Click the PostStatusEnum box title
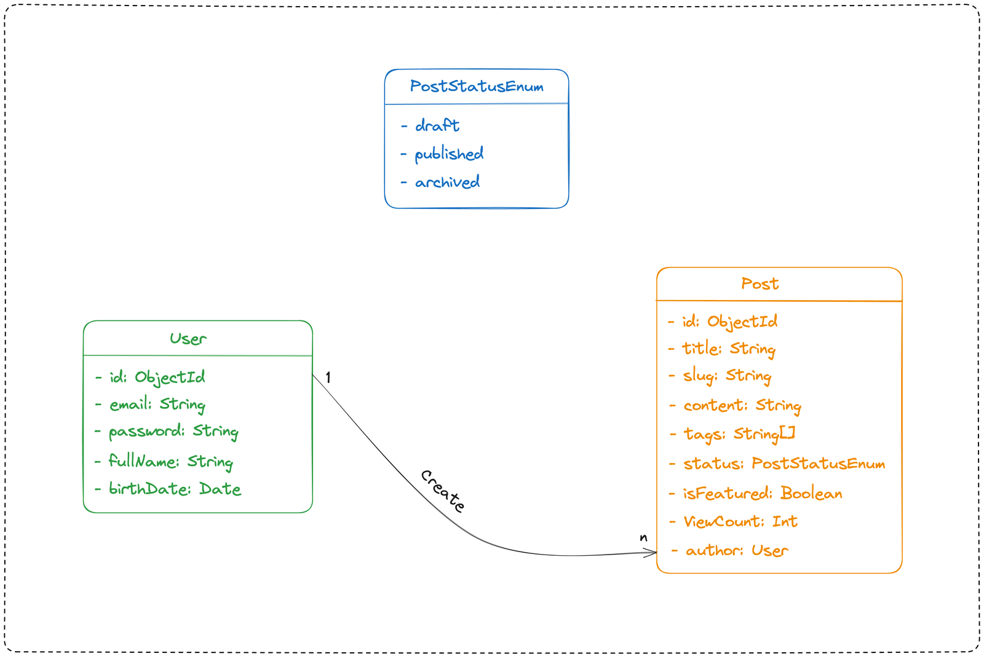tap(477, 87)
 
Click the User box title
tap(188, 339)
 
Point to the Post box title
tap(760, 283)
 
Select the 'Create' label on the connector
tap(443, 491)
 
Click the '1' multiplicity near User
tap(328, 377)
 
